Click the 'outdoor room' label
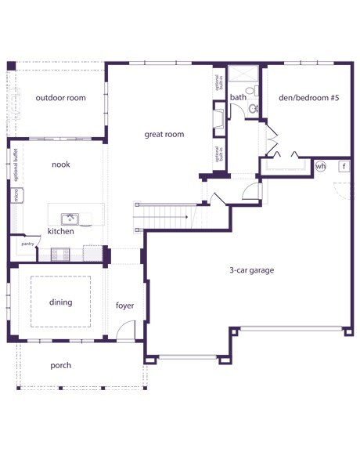60,98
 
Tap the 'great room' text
164,134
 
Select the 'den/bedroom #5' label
309,98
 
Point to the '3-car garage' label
251,270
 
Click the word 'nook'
61,164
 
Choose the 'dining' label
61,302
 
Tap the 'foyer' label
125,305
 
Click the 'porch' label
61,365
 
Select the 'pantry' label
27,244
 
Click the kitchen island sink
70,219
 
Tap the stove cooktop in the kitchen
60,255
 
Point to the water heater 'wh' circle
320,166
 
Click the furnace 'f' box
344,166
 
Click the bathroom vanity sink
254,108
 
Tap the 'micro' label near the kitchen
16,195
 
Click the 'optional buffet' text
16,164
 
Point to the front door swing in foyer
125,330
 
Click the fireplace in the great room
218,119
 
